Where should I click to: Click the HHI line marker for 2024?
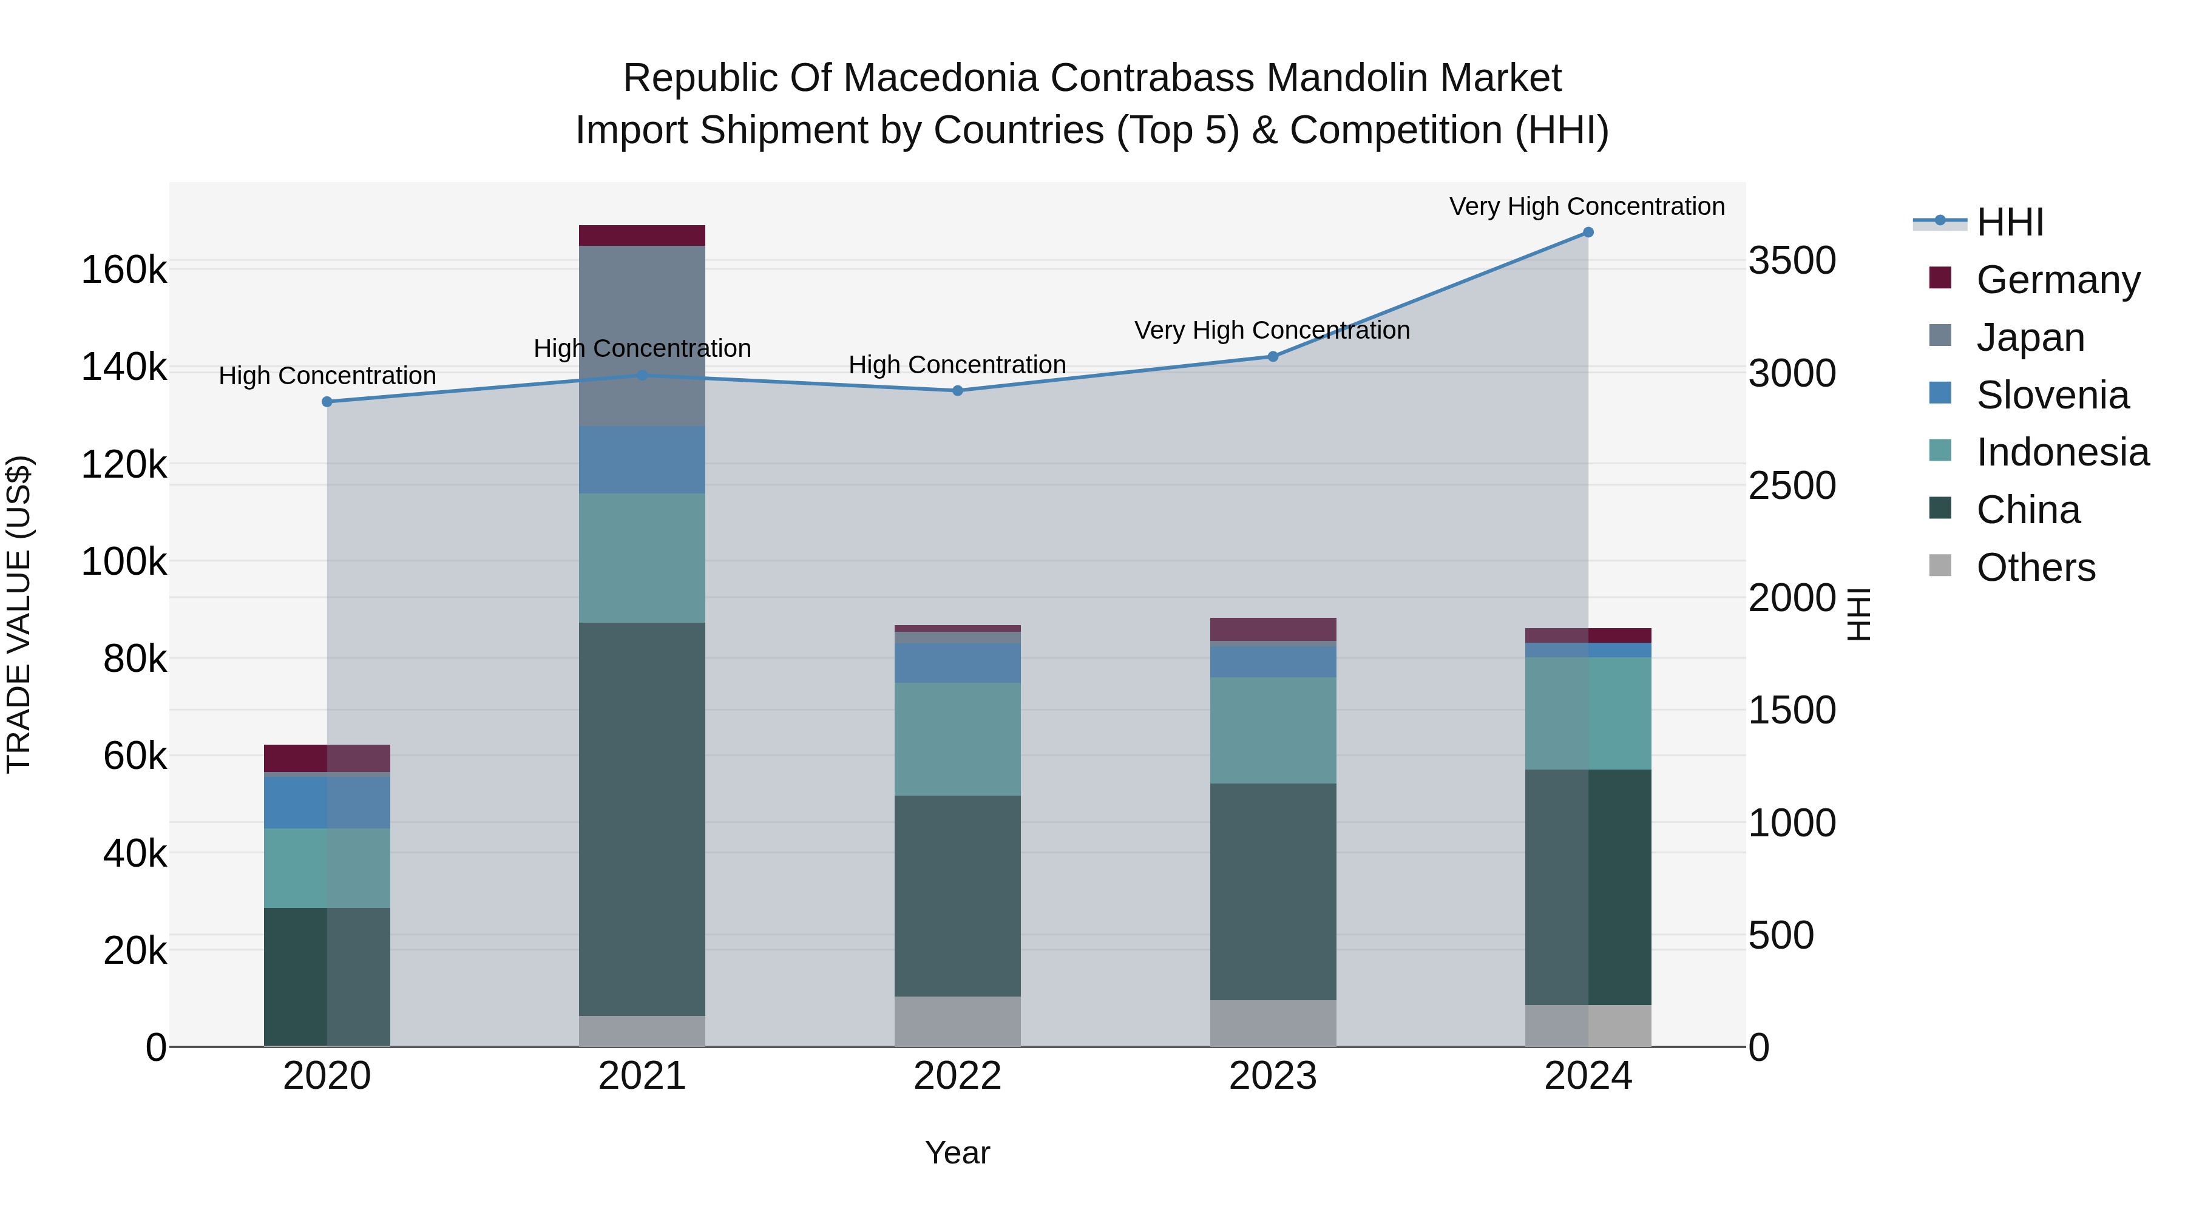click(1588, 232)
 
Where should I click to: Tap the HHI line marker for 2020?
click(327, 402)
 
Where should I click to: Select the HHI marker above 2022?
click(958, 391)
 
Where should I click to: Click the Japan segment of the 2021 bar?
click(642, 336)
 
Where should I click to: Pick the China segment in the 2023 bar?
click(1273, 892)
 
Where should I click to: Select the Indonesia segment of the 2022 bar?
click(958, 739)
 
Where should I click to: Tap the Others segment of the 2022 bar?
click(958, 1021)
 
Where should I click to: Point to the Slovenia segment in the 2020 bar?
click(327, 802)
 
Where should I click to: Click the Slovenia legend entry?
click(2052, 395)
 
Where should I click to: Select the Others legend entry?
click(2035, 567)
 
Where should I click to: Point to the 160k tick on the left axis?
click(124, 271)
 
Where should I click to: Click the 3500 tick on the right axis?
click(1792, 260)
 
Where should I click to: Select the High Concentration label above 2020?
click(327, 376)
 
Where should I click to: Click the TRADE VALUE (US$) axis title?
click(19, 614)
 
